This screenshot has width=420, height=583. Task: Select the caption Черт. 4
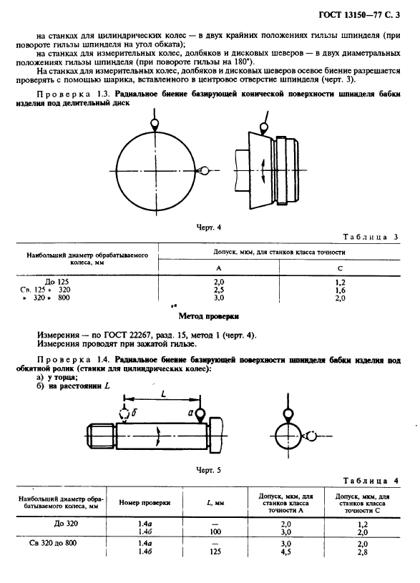point(210,227)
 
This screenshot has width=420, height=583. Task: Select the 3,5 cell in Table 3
point(219,290)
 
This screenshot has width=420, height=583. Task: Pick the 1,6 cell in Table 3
point(340,290)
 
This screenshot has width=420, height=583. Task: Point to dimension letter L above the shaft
point(164,395)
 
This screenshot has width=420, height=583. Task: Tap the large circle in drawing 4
point(155,170)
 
